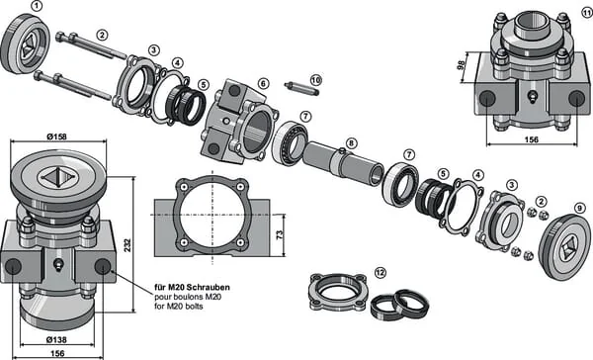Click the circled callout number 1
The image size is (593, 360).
[36, 6]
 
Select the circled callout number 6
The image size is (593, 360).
[263, 83]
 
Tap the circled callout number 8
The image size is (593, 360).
[351, 143]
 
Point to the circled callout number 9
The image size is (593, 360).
[580, 208]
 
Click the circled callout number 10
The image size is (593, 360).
[316, 80]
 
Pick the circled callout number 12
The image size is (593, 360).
[381, 272]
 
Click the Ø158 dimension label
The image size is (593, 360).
[56, 136]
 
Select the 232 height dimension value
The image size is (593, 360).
[127, 245]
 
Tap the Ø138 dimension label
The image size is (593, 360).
[56, 340]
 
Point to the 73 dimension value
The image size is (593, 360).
[280, 234]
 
